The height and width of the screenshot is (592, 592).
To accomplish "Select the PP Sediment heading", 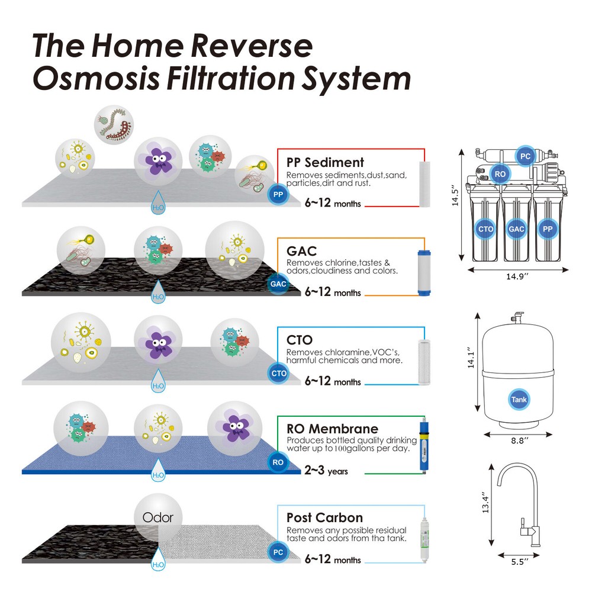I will pos(325,162).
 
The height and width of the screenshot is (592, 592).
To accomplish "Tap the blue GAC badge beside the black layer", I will pos(278,284).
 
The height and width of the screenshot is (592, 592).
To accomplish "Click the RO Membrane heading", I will pos(332,429).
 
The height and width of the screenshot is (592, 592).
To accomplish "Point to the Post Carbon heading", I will pos(324,517).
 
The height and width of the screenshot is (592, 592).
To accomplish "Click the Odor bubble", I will pos(158,517).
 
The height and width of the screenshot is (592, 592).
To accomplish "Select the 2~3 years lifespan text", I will pos(326,471).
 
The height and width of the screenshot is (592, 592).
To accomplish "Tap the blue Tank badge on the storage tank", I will pos(519,400).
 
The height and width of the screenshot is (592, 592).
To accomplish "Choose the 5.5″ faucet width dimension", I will pos(519,562).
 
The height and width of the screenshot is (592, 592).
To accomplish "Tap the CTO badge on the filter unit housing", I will pos(485,228).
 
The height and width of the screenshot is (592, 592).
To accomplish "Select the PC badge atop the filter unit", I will pos(525,156).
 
